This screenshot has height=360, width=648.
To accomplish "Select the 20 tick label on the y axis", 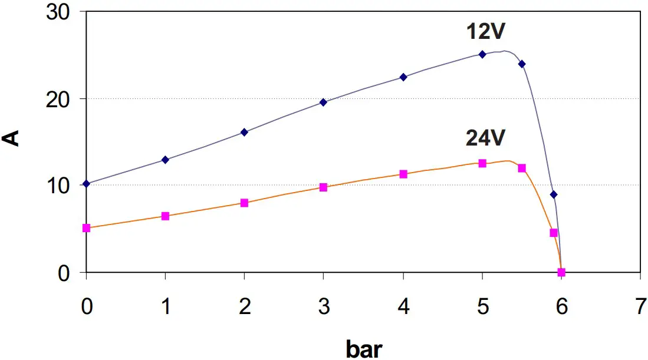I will [59, 98].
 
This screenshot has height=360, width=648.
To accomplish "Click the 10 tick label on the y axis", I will [59, 185].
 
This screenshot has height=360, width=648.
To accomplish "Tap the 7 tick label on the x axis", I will [640, 306].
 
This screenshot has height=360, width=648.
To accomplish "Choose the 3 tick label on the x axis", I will [323, 306].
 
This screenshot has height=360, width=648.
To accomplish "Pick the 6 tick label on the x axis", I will [561, 306].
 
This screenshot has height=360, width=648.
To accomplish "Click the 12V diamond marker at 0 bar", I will [87, 184].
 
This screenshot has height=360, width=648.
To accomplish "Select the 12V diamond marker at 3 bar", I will [323, 102].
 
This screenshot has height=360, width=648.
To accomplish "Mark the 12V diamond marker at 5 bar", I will [482, 54].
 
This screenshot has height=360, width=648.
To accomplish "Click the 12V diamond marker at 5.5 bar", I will [522, 64].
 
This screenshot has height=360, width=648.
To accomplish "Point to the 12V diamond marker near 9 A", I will [553, 194].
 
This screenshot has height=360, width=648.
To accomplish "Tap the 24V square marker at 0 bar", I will [87, 228].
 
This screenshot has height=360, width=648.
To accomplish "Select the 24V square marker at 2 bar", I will [244, 203].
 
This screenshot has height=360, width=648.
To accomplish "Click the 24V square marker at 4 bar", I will [403, 174].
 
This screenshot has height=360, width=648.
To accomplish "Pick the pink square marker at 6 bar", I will [561, 272].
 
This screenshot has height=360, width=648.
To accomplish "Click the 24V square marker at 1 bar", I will [165, 216].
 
